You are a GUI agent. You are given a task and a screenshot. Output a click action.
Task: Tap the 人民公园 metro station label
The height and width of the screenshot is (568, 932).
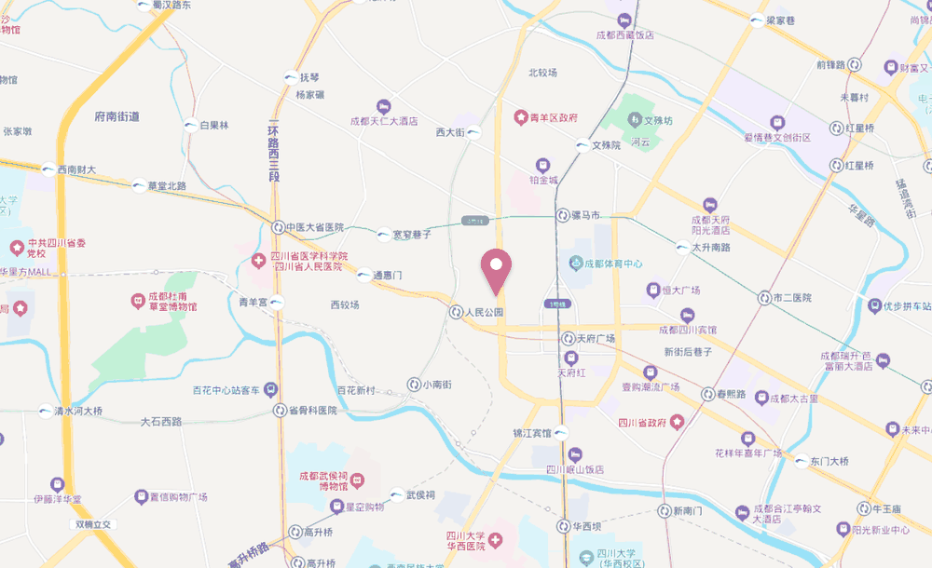tap(485, 312)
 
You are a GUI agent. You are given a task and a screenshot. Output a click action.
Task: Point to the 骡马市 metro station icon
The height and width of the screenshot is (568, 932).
tap(563, 215)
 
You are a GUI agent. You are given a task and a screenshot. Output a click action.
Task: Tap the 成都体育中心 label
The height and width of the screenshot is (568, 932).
tap(613, 264)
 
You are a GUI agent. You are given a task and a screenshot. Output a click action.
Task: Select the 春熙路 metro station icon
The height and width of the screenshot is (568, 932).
tap(708, 394)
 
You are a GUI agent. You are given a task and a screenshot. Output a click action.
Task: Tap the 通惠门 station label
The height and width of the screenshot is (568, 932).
tap(386, 276)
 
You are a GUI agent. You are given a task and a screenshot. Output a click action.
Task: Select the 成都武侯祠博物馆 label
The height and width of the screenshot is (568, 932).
tap(320, 480)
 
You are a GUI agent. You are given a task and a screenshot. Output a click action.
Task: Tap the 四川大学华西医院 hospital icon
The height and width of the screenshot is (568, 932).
tap(497, 540)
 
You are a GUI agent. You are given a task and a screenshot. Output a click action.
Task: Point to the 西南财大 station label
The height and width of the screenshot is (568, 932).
tap(76, 169)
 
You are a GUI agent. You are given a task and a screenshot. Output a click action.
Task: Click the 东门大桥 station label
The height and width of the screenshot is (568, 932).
tap(829, 461)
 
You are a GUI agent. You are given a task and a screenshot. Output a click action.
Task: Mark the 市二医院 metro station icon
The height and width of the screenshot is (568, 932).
tap(764, 298)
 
